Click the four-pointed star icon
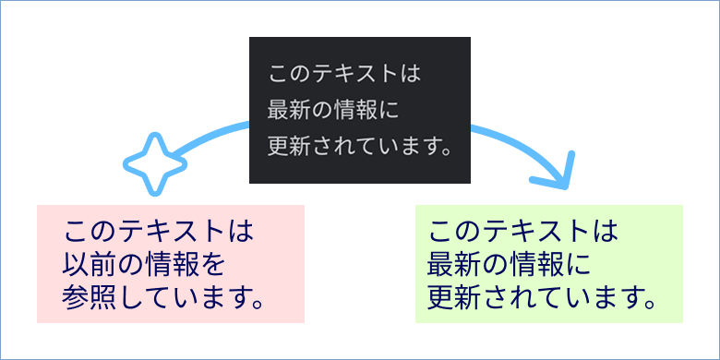click(x=156, y=164)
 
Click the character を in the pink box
click(x=213, y=266)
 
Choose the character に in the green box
click(x=577, y=266)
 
